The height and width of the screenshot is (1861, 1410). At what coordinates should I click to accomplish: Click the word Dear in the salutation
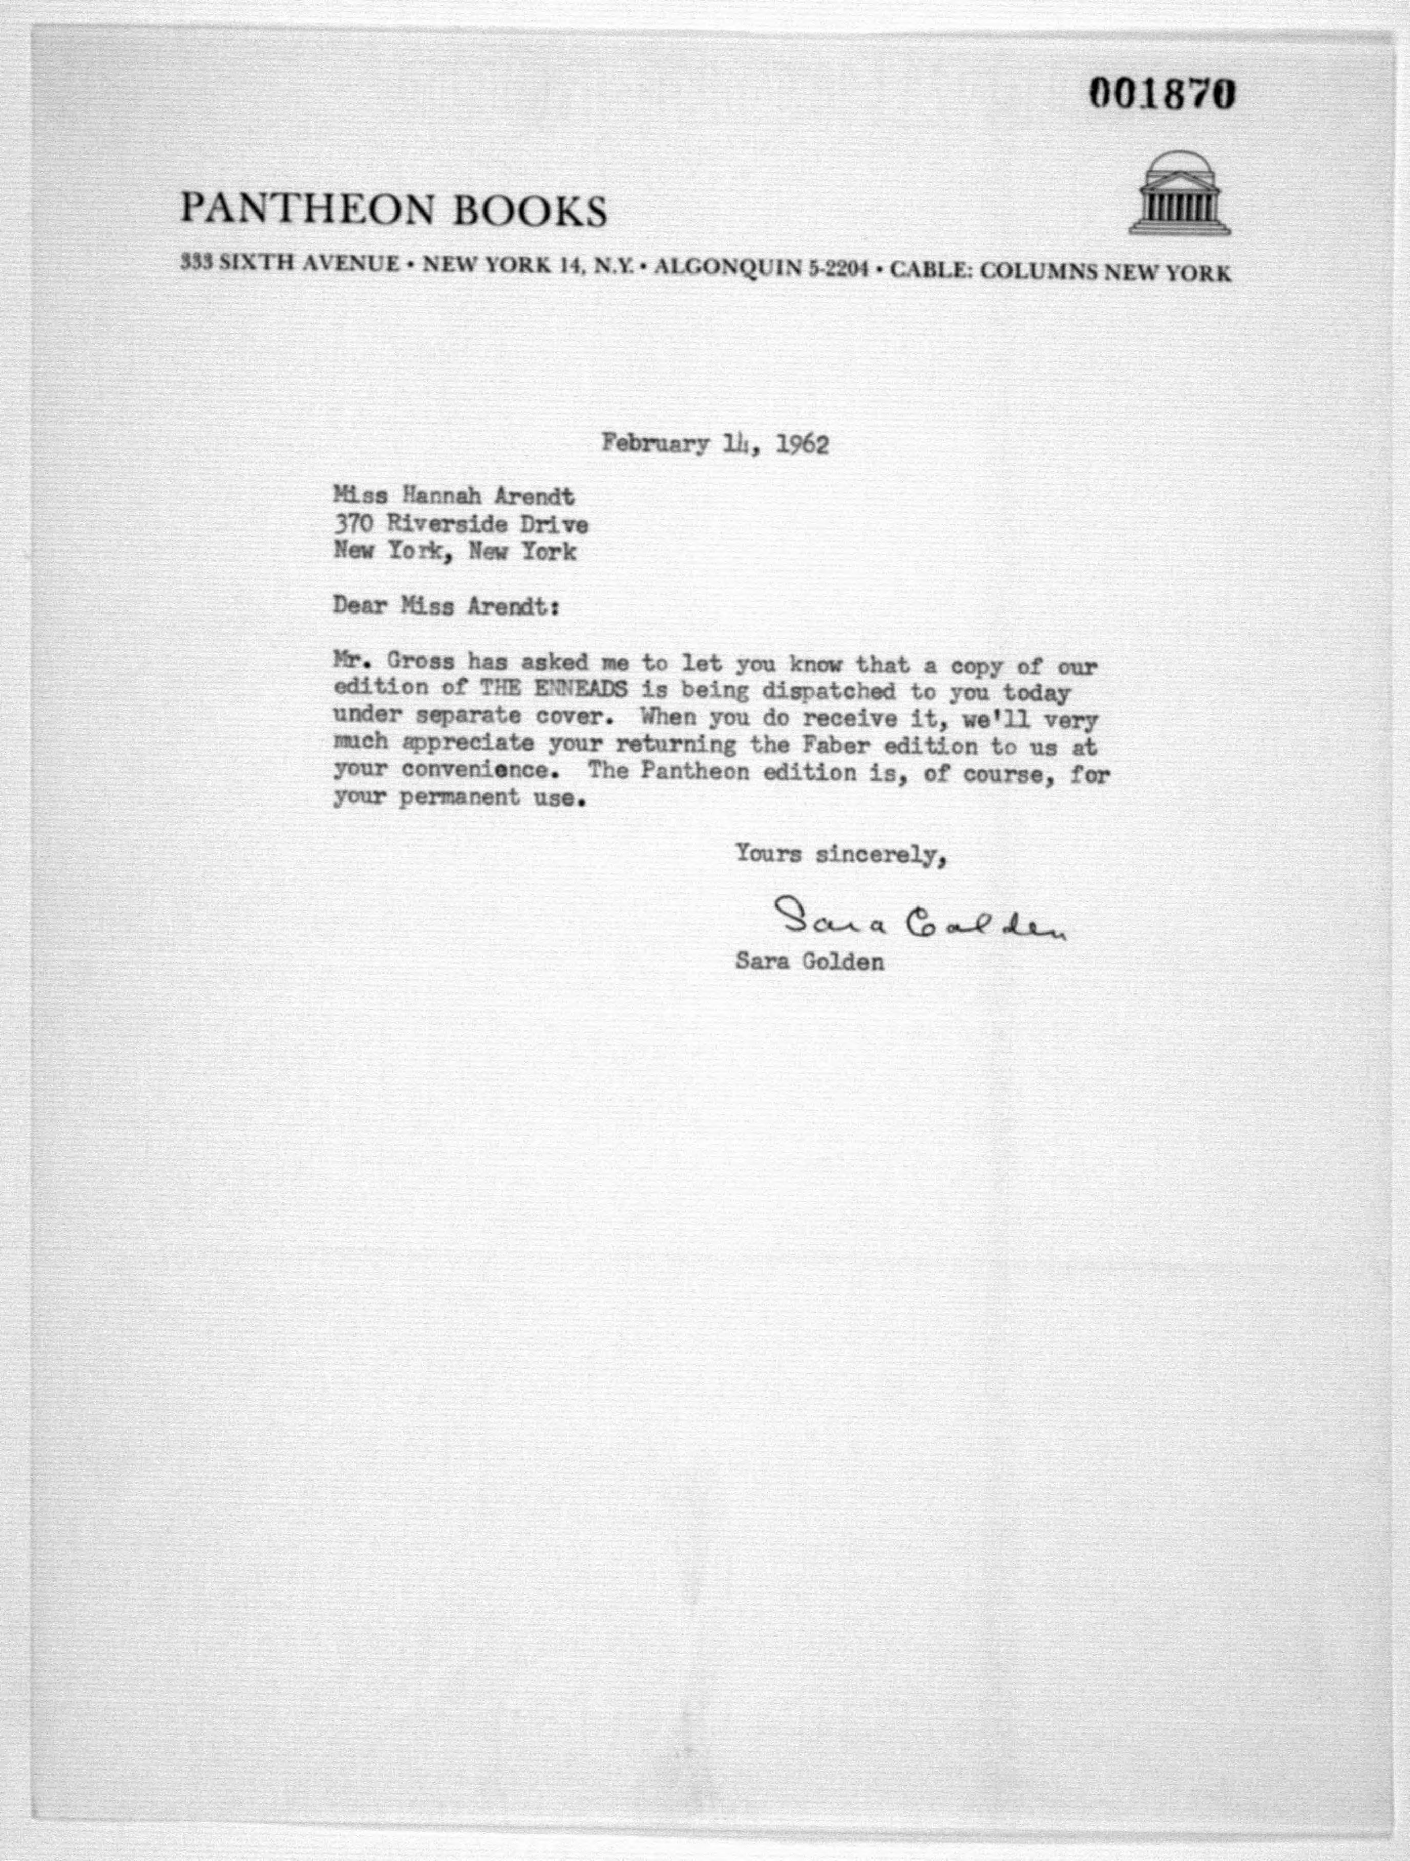tap(359, 606)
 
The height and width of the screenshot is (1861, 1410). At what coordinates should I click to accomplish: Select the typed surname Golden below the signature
tap(842, 962)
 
